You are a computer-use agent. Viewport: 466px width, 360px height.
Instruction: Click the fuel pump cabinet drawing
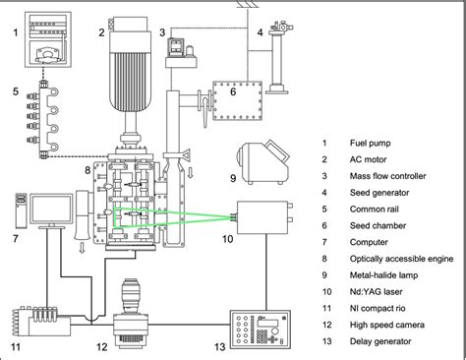48,39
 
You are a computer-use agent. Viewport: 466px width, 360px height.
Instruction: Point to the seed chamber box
238,100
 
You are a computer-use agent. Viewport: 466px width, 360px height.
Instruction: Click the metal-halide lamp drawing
263,162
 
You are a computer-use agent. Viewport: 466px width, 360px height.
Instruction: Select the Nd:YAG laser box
262,217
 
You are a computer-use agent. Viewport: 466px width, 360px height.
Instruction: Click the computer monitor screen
51,210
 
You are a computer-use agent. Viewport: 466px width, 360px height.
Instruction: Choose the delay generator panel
261,330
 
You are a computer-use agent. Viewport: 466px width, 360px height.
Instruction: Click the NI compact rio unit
42,322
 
